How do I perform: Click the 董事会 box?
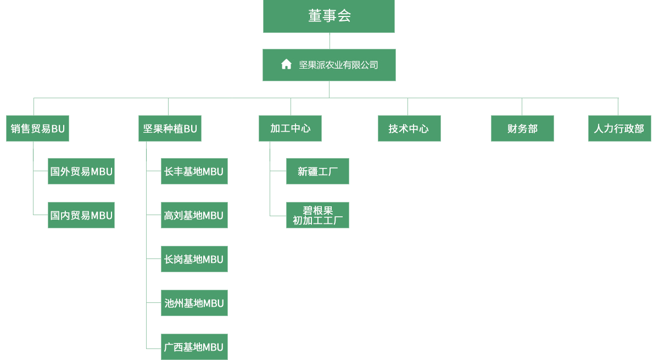tap(329, 17)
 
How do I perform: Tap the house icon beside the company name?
tap(286, 64)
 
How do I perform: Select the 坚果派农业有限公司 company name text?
tap(338, 65)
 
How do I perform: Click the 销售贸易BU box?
tap(38, 128)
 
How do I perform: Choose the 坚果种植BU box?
tap(170, 128)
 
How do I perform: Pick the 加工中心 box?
tap(290, 128)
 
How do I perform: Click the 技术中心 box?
tap(409, 128)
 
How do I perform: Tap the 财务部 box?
tap(522, 128)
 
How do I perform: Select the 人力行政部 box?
tap(619, 128)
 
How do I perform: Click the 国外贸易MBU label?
tap(81, 172)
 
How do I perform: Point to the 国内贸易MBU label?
tap(81, 216)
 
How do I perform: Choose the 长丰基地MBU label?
tap(193, 172)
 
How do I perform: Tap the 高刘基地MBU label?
tap(193, 216)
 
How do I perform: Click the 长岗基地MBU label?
tap(193, 260)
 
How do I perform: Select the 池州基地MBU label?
tap(194, 303)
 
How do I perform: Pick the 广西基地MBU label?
tap(193, 347)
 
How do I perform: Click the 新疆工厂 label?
tap(317, 172)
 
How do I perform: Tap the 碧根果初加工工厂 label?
tap(317, 216)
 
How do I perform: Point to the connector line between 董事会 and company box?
tap(329, 42)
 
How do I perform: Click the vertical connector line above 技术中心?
tap(407, 106)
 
